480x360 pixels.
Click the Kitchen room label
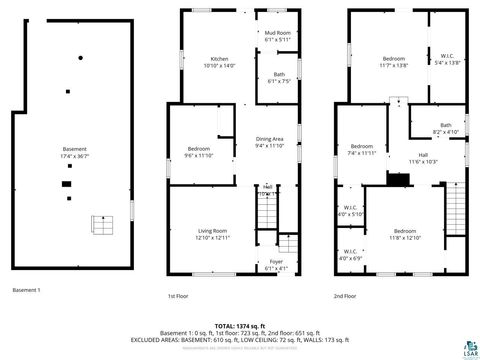pyautogui.click(x=218, y=62)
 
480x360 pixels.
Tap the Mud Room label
pyautogui.click(x=277, y=36)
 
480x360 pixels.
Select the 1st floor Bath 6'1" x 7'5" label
pyautogui.click(x=279, y=77)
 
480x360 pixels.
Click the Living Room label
pyautogui.click(x=213, y=234)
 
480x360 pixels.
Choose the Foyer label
pyautogui.click(x=276, y=265)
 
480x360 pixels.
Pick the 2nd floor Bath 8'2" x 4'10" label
pyautogui.click(x=445, y=128)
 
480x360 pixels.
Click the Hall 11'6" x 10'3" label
pyautogui.click(x=423, y=158)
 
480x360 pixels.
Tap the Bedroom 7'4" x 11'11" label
pyautogui.click(x=361, y=150)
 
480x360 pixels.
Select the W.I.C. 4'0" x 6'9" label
pyautogui.click(x=351, y=255)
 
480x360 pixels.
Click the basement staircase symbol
pyautogui.click(x=101, y=224)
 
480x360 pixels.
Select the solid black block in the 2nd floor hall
pyautogui.click(x=398, y=181)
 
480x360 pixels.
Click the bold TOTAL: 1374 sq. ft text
pyautogui.click(x=241, y=326)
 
